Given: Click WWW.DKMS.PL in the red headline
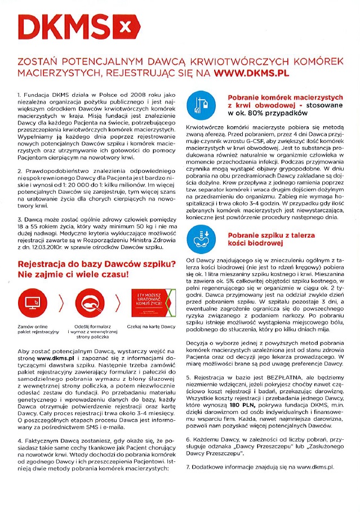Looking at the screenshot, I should point(252,73).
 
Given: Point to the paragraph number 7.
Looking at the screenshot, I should point(188,467).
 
